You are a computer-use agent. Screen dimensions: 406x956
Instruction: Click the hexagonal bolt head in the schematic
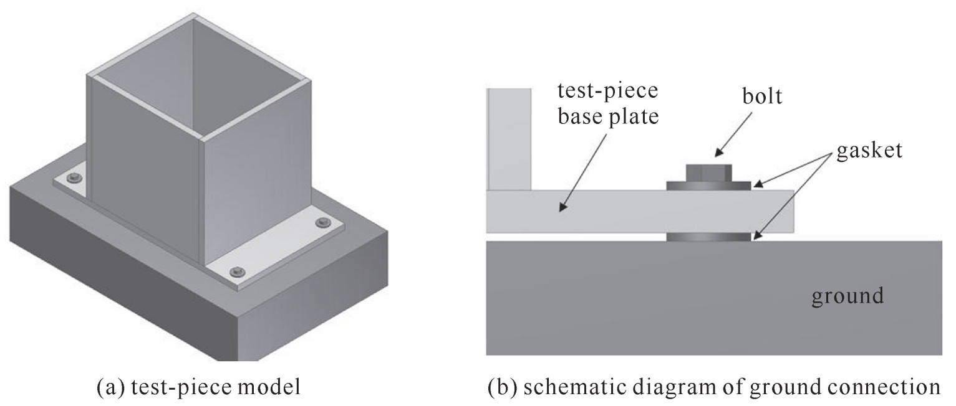(x=708, y=172)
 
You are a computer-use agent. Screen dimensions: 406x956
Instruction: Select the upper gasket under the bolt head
(x=708, y=186)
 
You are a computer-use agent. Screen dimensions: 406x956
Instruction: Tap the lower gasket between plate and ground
(x=708, y=237)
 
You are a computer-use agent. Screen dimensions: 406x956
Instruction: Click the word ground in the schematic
(x=847, y=295)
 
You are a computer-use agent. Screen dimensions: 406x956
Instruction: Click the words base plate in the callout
(x=607, y=117)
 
